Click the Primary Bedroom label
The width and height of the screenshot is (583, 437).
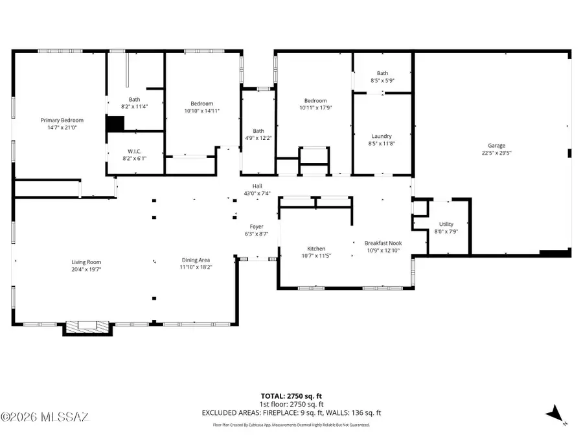pyautogui.click(x=62, y=120)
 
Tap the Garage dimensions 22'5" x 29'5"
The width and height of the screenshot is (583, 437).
pyautogui.click(x=497, y=153)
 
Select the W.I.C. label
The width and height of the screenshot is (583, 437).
pyautogui.click(x=134, y=150)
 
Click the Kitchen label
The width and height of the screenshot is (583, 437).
pyautogui.click(x=316, y=248)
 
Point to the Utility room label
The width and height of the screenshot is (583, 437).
pyautogui.click(x=446, y=224)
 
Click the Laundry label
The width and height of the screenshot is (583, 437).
pyautogui.click(x=382, y=136)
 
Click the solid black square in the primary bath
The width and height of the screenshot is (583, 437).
pyautogui.click(x=115, y=123)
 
